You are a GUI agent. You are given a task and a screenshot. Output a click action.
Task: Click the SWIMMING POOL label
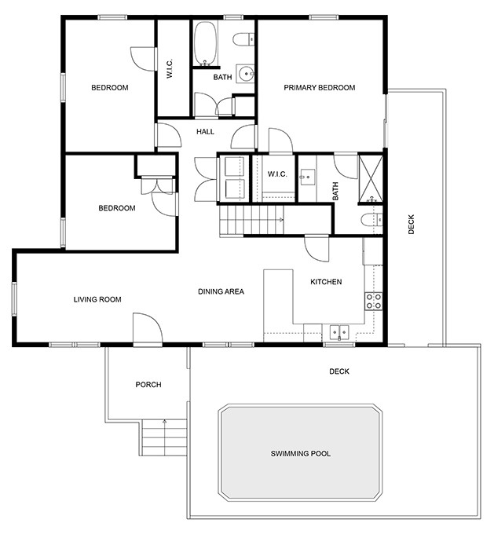coord(300,454)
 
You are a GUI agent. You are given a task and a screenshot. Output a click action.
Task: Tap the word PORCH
coord(148,385)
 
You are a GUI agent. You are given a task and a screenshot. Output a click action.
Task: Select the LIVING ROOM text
coord(97,299)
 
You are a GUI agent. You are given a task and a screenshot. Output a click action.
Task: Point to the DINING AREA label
coord(221,291)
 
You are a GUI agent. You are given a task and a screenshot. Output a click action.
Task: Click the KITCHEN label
coord(326,282)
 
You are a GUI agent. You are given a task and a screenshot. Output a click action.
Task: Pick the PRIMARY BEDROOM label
coord(320,88)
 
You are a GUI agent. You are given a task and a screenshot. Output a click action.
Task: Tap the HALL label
coord(205,132)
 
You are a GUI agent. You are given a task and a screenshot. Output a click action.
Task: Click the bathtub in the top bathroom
coord(206,43)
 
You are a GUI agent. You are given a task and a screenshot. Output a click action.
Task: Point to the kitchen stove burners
coord(374,300)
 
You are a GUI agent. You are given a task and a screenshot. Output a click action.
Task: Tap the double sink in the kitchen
coord(339,332)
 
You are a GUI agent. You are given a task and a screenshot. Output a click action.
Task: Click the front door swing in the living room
coord(146,327)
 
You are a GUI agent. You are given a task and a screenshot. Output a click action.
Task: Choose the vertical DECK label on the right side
coord(412,225)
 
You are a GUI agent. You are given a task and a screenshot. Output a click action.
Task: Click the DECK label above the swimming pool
coord(339,371)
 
